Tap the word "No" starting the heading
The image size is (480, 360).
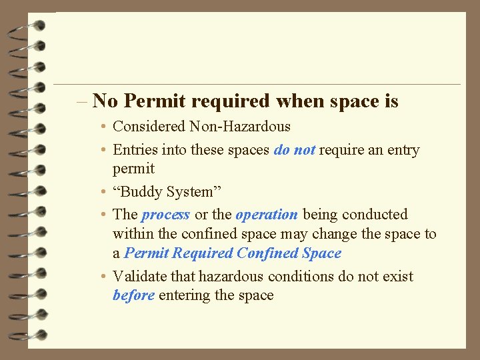coord(106,101)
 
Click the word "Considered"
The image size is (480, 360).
coord(149,127)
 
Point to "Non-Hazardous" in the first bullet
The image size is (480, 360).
coord(240,127)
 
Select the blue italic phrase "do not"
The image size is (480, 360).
coord(294,150)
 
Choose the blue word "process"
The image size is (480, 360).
coord(166,215)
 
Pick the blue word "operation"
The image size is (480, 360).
coord(267,215)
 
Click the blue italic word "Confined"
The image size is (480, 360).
coord(267,253)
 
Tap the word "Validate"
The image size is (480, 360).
coord(142,276)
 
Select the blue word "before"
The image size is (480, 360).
coord(134,295)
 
